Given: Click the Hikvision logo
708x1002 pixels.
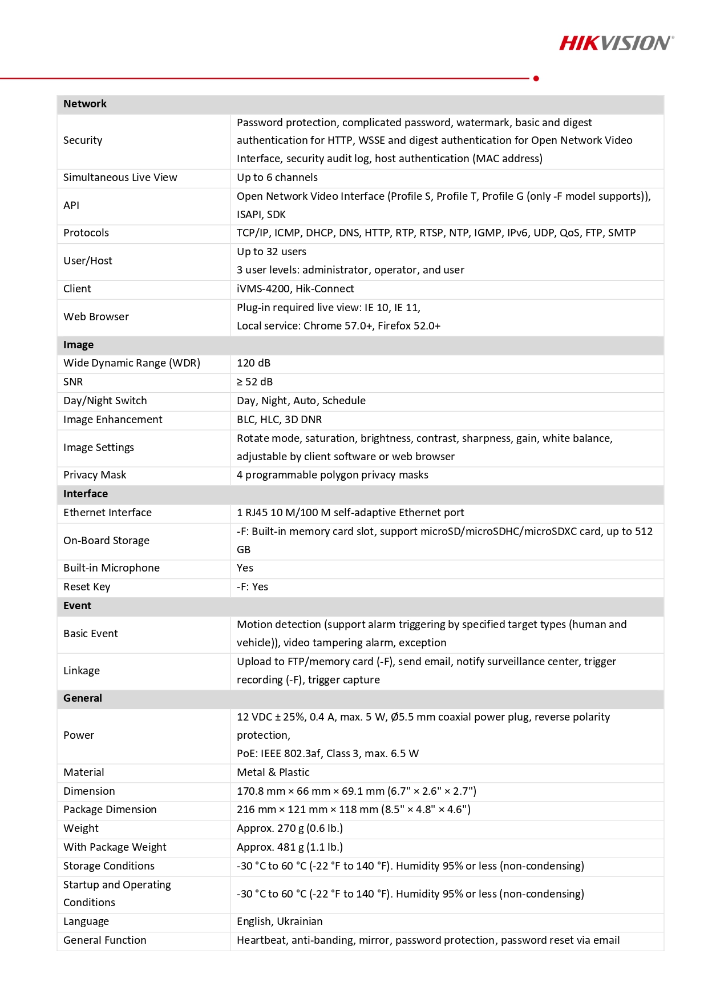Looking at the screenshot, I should [616, 43].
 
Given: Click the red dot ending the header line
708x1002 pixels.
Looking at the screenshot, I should [536, 78].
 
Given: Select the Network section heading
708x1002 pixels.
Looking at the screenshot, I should [85, 104].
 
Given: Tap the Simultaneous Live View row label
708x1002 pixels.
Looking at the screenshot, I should [120, 178].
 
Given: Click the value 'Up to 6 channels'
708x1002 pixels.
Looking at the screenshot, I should [277, 178].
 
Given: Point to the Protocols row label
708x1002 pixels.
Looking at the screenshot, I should [86, 233].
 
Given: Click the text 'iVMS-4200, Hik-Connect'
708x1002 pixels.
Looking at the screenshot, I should [296, 289].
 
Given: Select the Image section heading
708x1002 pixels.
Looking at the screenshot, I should [78, 345].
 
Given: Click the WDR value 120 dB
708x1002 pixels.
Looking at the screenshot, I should [253, 363].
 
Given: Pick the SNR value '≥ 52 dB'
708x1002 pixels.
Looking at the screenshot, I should [254, 382].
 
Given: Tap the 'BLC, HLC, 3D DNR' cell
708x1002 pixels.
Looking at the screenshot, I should [279, 420].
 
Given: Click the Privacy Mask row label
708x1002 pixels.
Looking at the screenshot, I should [95, 475].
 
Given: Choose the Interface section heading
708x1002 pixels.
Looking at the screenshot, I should [86, 494].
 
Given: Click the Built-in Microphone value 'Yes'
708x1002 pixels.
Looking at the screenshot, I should [245, 568].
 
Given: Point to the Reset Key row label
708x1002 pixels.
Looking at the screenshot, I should [87, 587].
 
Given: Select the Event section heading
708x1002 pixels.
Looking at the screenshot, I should [77, 606].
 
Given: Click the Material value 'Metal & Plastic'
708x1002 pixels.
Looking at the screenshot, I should [273, 772].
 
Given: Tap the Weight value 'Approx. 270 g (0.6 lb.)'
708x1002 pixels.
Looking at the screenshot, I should [290, 828].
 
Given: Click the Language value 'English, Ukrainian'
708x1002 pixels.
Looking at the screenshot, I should [280, 921].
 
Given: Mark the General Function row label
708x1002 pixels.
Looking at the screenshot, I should [105, 940].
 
